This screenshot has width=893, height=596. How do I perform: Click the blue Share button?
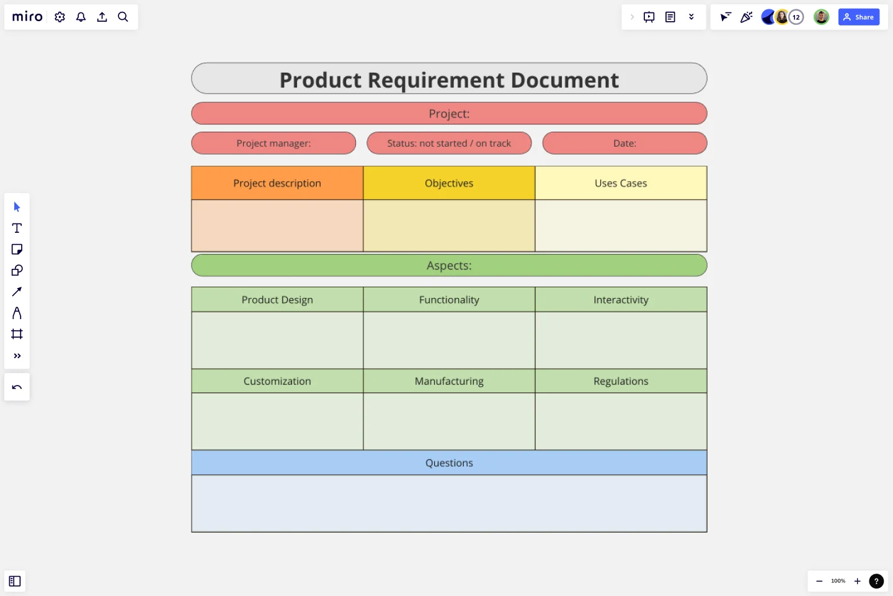(x=858, y=17)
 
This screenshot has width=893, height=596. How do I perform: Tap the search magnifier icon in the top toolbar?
(x=123, y=17)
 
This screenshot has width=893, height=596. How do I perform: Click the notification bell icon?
(x=81, y=17)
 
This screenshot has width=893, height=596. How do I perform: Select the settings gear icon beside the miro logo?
(x=60, y=17)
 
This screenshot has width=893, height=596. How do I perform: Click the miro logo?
(x=27, y=17)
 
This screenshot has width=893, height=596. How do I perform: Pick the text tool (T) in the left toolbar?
(x=17, y=228)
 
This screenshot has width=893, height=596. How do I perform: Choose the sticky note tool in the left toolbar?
(x=17, y=250)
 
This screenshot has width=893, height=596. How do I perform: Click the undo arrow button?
(x=17, y=387)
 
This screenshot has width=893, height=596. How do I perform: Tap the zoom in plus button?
(x=857, y=581)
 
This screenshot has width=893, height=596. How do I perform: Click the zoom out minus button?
(x=819, y=581)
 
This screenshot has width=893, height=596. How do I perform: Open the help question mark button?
(x=876, y=581)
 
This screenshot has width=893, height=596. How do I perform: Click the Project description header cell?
(x=277, y=183)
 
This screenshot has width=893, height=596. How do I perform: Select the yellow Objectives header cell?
(x=449, y=183)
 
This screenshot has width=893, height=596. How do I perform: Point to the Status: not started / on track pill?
(x=449, y=143)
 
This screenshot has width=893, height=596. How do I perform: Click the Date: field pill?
(x=624, y=143)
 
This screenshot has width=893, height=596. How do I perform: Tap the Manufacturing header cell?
(x=449, y=381)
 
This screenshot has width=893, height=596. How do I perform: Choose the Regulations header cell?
(x=621, y=381)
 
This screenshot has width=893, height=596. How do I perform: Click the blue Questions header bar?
(x=449, y=463)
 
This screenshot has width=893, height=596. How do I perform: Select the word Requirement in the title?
(x=436, y=80)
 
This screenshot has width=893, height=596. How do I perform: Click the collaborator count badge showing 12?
(x=796, y=17)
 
